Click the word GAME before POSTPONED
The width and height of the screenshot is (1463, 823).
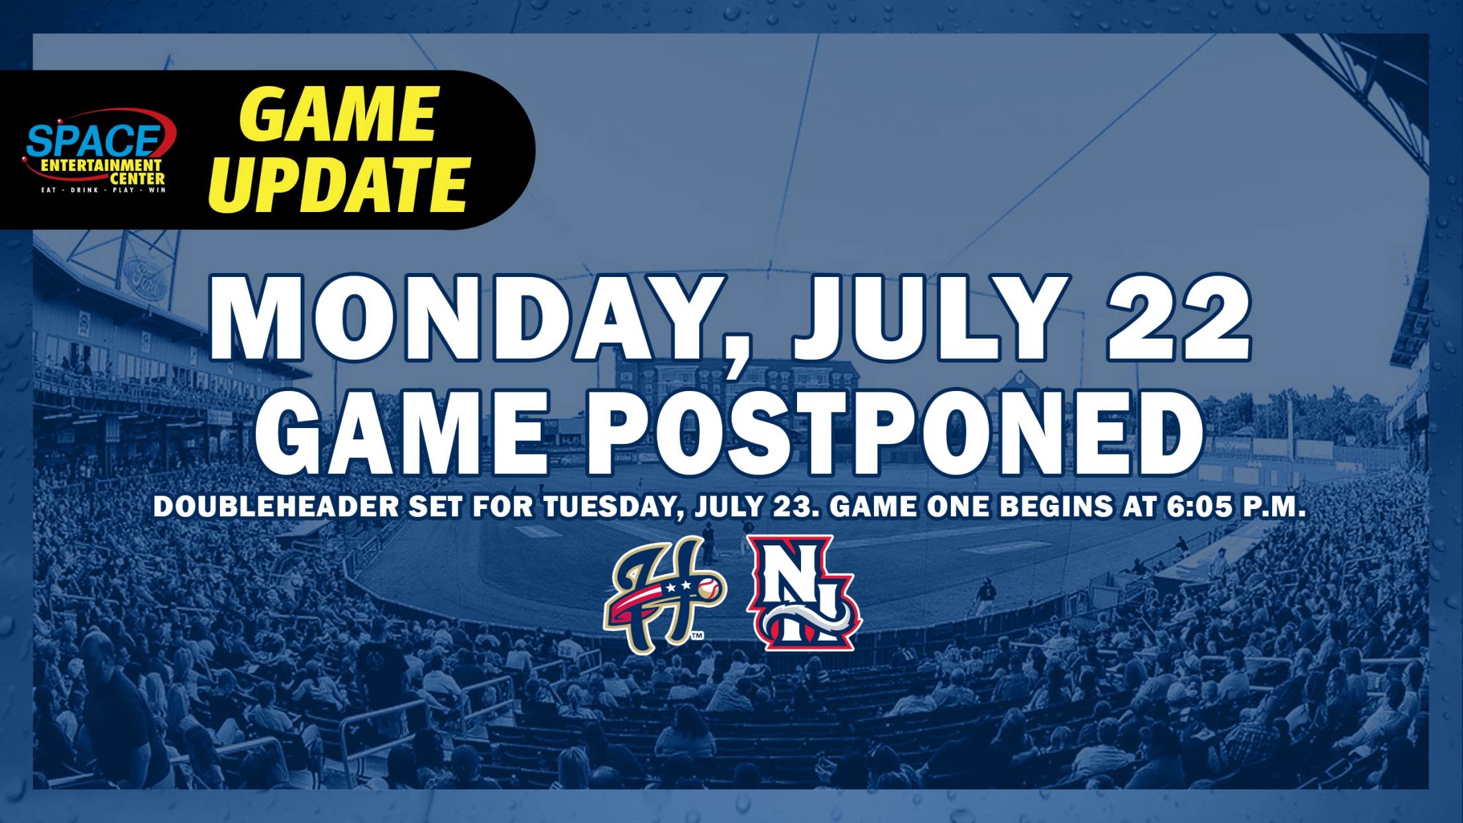[402, 433]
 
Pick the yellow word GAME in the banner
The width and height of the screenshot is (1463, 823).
[339, 113]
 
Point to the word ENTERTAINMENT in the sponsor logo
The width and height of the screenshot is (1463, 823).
[101, 165]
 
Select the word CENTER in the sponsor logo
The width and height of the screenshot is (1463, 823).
[137, 179]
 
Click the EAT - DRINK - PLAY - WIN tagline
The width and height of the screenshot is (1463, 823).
[103, 190]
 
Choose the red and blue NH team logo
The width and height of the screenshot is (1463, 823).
[804, 593]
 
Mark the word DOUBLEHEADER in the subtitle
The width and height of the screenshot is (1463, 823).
[276, 507]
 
